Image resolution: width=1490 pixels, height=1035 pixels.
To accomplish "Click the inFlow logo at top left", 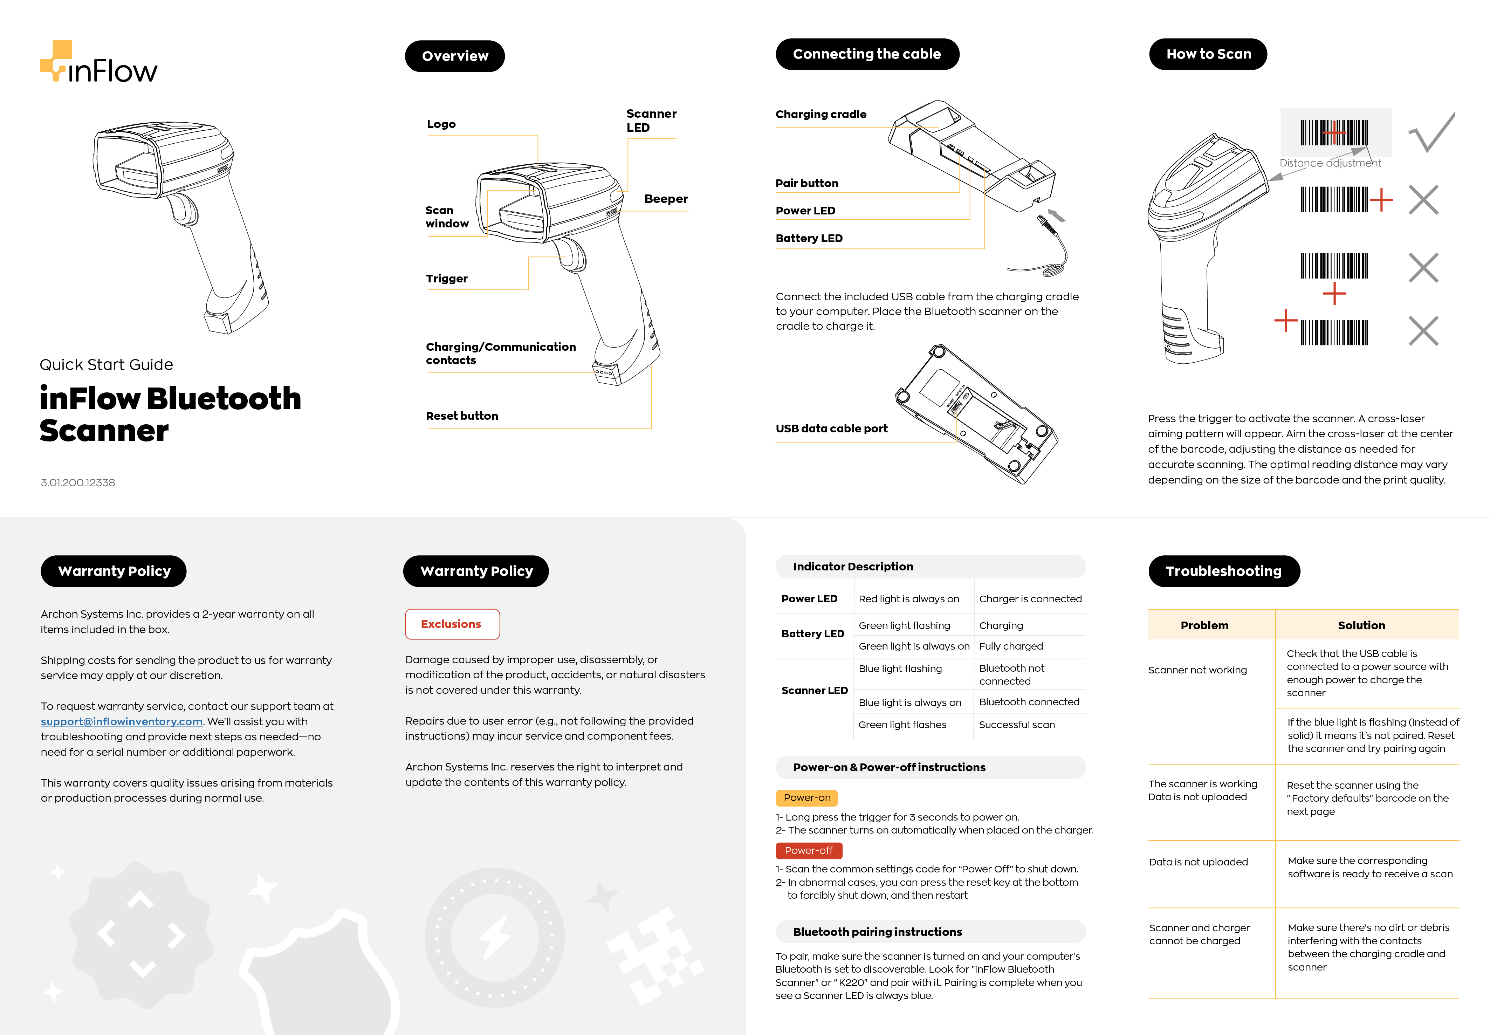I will (98, 63).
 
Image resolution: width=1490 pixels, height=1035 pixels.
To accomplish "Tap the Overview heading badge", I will (454, 56).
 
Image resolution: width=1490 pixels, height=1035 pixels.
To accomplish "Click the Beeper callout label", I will (665, 199).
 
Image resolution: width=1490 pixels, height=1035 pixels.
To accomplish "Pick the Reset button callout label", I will (462, 416).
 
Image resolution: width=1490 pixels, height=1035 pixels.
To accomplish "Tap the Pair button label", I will (806, 184).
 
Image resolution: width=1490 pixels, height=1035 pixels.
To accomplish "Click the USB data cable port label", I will (831, 429).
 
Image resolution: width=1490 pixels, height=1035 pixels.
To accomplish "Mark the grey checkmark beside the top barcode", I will (1431, 132).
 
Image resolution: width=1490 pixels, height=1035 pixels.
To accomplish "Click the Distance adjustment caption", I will (1330, 163).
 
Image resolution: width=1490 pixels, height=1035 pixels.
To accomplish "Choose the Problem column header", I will (1204, 625).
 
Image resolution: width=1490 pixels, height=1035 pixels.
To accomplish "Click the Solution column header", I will (1361, 625).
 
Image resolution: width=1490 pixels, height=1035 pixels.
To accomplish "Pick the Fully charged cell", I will (1010, 646).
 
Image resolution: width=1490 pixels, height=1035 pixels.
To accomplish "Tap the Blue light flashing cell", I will (900, 669).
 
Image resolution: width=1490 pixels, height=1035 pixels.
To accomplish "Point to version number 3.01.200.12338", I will (78, 482).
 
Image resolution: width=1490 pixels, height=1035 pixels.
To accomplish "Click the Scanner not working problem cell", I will (1197, 670).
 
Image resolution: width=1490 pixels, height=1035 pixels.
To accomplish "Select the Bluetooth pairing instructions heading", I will (877, 932).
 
